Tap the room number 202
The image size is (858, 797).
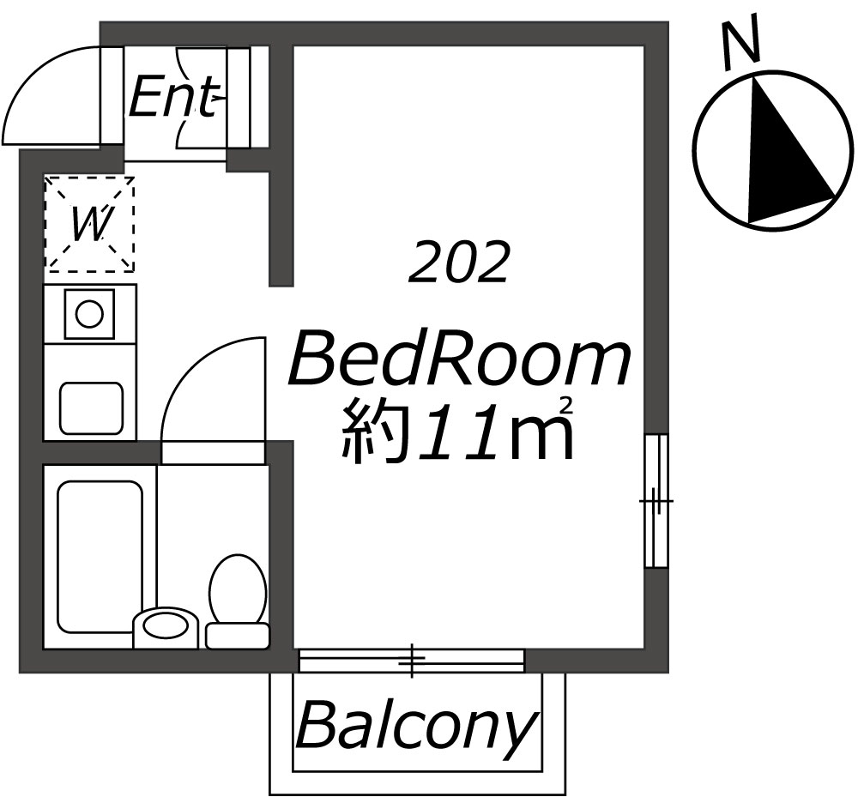(458, 263)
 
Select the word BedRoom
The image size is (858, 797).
(458, 359)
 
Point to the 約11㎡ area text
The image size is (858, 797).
(458, 429)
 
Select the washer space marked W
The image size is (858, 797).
(90, 224)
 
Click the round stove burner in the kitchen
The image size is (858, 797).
(89, 315)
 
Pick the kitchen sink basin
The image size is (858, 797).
(91, 408)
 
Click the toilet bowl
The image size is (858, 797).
(238, 589)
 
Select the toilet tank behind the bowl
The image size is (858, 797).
(238, 636)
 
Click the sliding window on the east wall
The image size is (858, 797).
(656, 500)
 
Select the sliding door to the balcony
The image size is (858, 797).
(412, 661)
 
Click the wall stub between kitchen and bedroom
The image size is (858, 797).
(281, 166)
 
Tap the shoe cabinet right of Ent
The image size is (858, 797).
(238, 97)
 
